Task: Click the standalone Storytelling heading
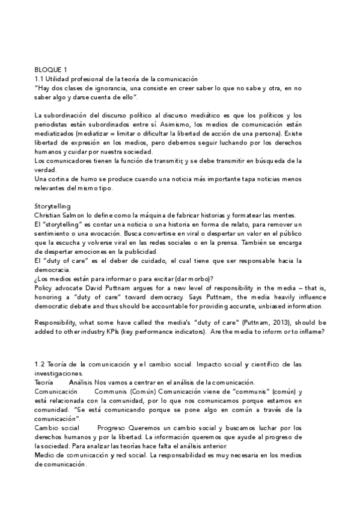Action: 53,206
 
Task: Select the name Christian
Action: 50,215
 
